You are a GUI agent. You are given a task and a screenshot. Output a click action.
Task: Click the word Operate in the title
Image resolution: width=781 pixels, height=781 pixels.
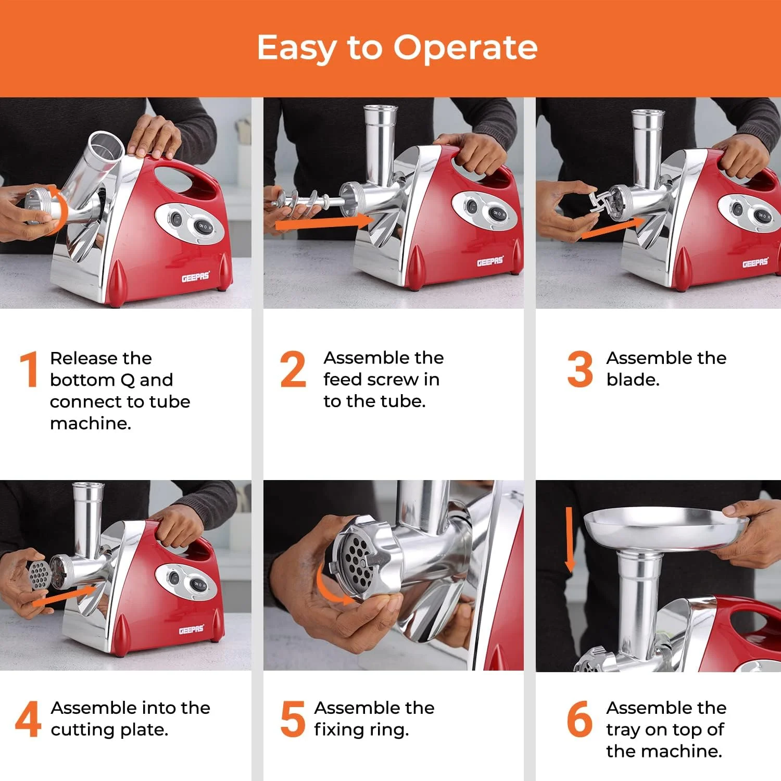(x=465, y=48)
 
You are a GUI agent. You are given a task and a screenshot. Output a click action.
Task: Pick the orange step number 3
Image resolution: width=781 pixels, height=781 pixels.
(x=580, y=369)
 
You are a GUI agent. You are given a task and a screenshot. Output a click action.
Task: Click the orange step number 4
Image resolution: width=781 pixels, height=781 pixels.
(x=28, y=719)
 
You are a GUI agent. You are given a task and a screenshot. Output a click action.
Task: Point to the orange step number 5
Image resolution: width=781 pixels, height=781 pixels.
(x=293, y=719)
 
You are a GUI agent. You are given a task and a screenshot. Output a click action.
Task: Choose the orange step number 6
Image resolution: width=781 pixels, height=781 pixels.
(x=580, y=719)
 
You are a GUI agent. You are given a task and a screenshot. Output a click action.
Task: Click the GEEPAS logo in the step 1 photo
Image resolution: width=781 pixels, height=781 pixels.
(x=196, y=276)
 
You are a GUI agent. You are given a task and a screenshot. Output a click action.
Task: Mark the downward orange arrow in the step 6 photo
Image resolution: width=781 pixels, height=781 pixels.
(x=570, y=539)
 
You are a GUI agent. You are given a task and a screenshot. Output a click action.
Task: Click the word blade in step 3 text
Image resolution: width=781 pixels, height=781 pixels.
(x=633, y=380)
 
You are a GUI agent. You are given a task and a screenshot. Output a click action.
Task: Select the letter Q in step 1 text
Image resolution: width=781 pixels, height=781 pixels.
(x=128, y=380)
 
